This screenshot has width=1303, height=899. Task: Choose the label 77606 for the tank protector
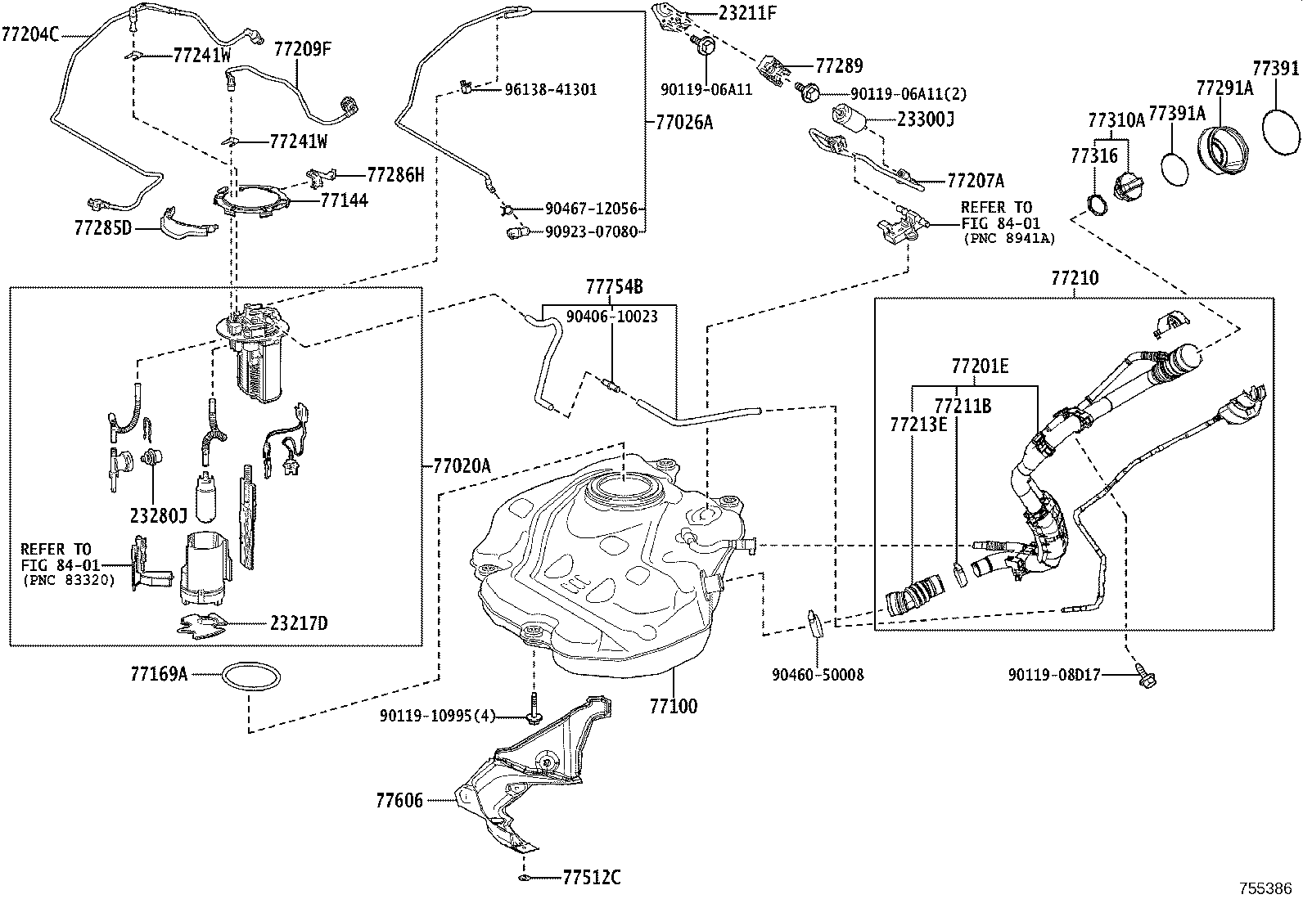click(399, 800)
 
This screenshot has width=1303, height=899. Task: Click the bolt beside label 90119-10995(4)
click(534, 708)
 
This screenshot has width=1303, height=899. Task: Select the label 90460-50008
click(817, 675)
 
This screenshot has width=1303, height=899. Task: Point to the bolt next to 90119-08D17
click(1144, 676)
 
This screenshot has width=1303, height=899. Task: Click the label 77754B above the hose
click(614, 287)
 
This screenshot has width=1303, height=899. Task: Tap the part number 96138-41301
click(550, 89)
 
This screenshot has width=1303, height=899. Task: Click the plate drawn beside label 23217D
click(203, 624)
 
